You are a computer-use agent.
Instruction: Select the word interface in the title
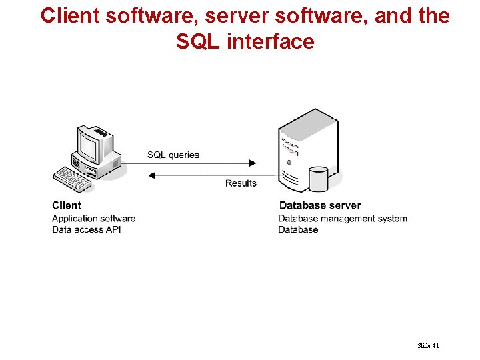270,41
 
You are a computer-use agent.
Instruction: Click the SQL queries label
173,155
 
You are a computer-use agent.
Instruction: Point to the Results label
241,183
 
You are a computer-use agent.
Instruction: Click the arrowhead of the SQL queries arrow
252,162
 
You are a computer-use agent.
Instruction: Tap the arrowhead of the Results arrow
151,175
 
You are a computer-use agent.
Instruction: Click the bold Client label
67,205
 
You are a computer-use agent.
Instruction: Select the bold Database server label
320,205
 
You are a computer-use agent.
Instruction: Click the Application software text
93,218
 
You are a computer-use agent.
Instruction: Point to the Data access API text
87,229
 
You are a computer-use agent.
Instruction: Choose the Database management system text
343,218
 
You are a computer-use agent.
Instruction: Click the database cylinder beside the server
319,179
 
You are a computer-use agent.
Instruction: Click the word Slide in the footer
423,345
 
